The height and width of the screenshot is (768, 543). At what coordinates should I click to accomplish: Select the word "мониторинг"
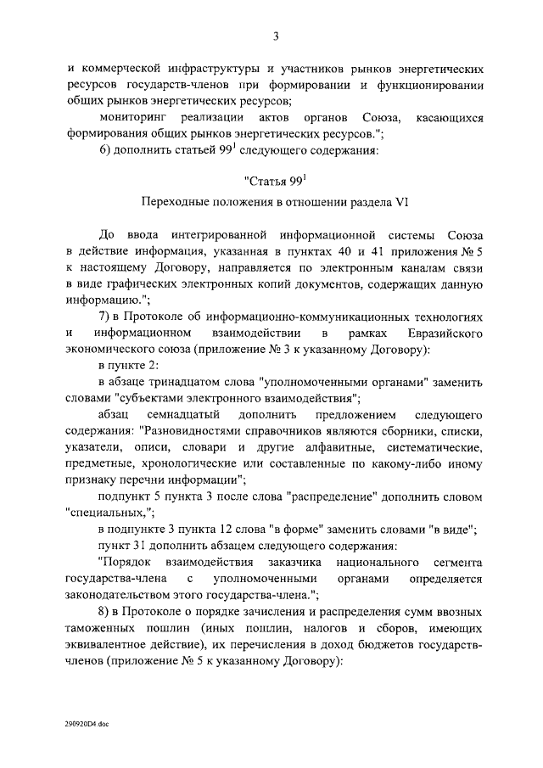coord(134,117)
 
